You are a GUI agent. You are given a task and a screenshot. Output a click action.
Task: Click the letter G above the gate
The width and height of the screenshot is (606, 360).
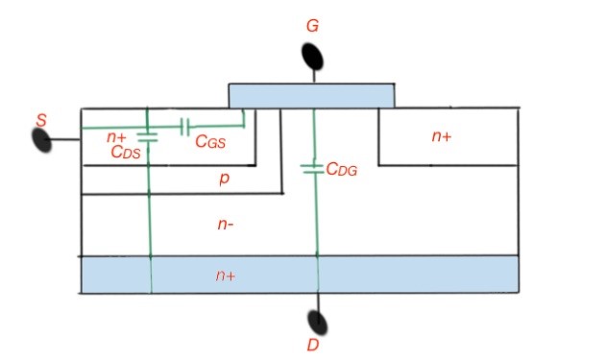pos(312,26)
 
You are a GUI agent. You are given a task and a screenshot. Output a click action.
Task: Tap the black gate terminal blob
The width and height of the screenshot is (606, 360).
pos(313,57)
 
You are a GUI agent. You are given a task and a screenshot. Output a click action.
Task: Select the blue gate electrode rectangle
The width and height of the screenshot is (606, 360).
pos(311,95)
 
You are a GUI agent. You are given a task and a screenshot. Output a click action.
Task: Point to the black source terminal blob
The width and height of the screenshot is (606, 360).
pos(42,139)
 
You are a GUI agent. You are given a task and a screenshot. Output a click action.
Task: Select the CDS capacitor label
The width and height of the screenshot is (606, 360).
pos(126,152)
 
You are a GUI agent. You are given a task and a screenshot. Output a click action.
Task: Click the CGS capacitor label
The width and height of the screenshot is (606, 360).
pos(210,141)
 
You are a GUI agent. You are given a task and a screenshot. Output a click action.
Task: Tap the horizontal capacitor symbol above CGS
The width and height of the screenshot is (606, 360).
pos(185,126)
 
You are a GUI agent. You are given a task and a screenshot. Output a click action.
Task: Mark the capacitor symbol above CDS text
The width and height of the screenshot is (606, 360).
pos(147,135)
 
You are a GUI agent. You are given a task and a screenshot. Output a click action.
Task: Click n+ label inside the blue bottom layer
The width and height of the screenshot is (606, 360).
pos(226,276)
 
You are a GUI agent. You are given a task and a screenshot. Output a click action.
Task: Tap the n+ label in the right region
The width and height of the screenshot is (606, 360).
pos(441,137)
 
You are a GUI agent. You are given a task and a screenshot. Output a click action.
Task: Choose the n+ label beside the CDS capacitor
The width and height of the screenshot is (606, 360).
pos(116,137)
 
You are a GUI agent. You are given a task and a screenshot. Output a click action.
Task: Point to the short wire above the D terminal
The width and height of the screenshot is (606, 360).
pos(314,301)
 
